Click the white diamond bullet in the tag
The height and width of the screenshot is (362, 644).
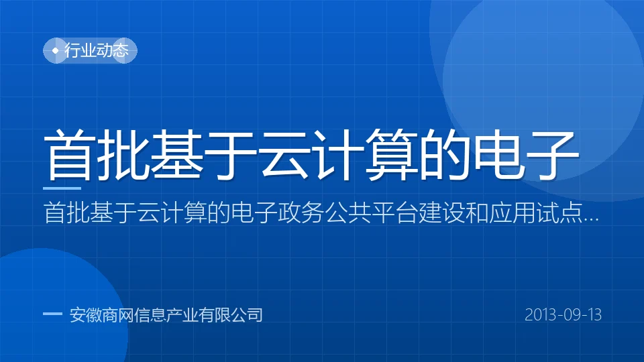pyautogui.click(x=56, y=50)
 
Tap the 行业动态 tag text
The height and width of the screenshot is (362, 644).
pyautogui.click(x=97, y=50)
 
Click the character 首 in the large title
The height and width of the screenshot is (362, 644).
pyautogui.click(x=68, y=155)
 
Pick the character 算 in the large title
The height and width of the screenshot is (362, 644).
pyautogui.click(x=392, y=155)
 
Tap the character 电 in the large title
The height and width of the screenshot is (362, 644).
pyautogui.click(x=500, y=155)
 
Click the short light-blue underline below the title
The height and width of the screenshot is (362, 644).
pyautogui.click(x=62, y=188)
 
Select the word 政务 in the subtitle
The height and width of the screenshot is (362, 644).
pyautogui.click(x=301, y=213)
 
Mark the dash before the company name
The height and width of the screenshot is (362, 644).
pyautogui.click(x=52, y=314)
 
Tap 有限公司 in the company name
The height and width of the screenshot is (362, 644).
pyautogui.click(x=230, y=315)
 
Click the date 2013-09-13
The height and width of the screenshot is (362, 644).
pyautogui.click(x=563, y=315)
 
